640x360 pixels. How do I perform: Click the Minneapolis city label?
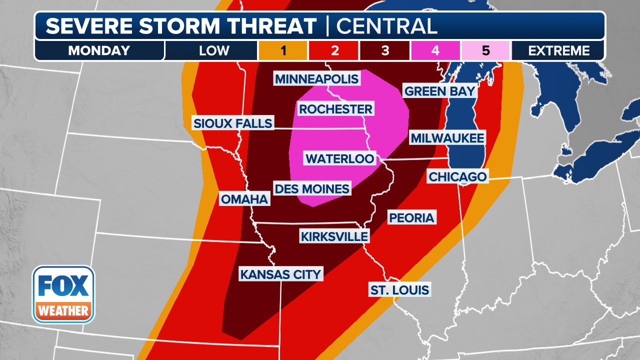[x=316, y=78]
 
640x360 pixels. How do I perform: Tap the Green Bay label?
[x=440, y=91]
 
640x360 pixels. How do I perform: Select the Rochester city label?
[x=335, y=109]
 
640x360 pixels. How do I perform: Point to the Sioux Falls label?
[x=233, y=123]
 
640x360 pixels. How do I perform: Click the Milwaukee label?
[x=447, y=138]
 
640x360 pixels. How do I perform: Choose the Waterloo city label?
[x=340, y=158]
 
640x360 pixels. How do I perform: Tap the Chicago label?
[x=457, y=176]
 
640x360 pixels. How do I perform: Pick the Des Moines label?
[x=312, y=189]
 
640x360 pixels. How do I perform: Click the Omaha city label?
[x=244, y=199]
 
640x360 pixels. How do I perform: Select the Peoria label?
[x=412, y=217]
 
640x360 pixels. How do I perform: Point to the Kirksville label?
[x=334, y=236]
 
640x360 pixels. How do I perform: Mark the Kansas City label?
[x=280, y=274]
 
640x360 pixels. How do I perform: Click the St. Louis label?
[x=399, y=289]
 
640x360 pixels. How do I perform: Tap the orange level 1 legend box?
[x=282, y=50]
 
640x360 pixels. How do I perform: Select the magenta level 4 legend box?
[x=435, y=50]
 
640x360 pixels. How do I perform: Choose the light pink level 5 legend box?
[x=485, y=50]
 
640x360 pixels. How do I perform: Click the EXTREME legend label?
[x=559, y=50]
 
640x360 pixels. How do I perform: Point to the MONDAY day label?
[x=99, y=50]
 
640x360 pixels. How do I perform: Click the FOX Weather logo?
[x=63, y=294]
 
